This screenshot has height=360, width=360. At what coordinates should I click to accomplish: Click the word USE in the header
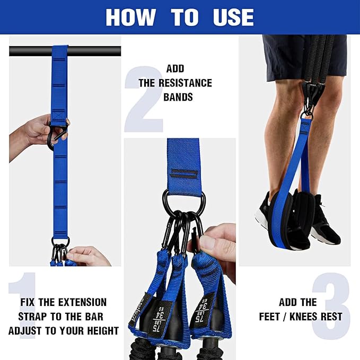233,17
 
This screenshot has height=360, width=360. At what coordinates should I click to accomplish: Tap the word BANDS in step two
178,98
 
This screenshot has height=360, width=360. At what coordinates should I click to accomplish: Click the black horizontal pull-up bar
32,51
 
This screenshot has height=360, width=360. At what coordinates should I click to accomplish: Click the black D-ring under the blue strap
183,203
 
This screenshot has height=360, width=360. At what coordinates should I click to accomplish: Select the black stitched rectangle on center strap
183,174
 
